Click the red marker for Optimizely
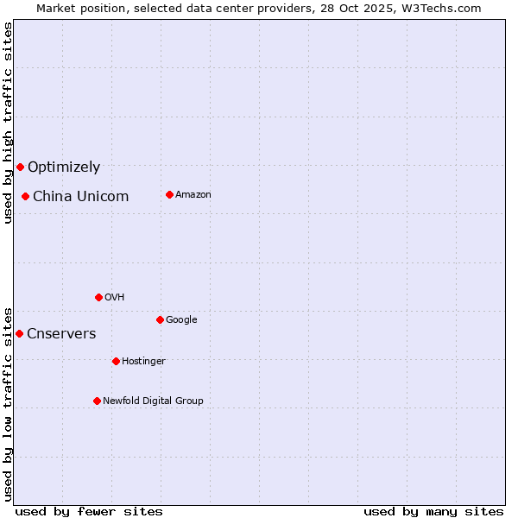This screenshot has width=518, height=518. [20, 167]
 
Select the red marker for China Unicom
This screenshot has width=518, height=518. [26, 196]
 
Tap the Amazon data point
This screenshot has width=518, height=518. [169, 194]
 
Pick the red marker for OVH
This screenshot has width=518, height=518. [98, 297]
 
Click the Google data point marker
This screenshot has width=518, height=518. [160, 319]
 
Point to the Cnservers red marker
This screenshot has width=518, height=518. [19, 333]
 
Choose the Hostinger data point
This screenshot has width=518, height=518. [116, 361]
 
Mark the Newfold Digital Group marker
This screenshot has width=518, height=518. [97, 401]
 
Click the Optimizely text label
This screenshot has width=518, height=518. [64, 167]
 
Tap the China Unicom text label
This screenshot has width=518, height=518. [80, 197]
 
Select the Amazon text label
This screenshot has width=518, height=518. [193, 195]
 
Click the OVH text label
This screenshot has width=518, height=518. [115, 298]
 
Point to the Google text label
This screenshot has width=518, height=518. [181, 320]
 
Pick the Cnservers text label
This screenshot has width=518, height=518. [61, 334]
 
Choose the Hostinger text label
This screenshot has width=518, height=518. [143, 362]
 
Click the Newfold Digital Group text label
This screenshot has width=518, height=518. [153, 401]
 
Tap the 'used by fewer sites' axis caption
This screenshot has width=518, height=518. [89, 511]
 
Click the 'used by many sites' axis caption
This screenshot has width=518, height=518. [433, 511]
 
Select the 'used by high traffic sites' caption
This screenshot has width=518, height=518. [8, 123]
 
